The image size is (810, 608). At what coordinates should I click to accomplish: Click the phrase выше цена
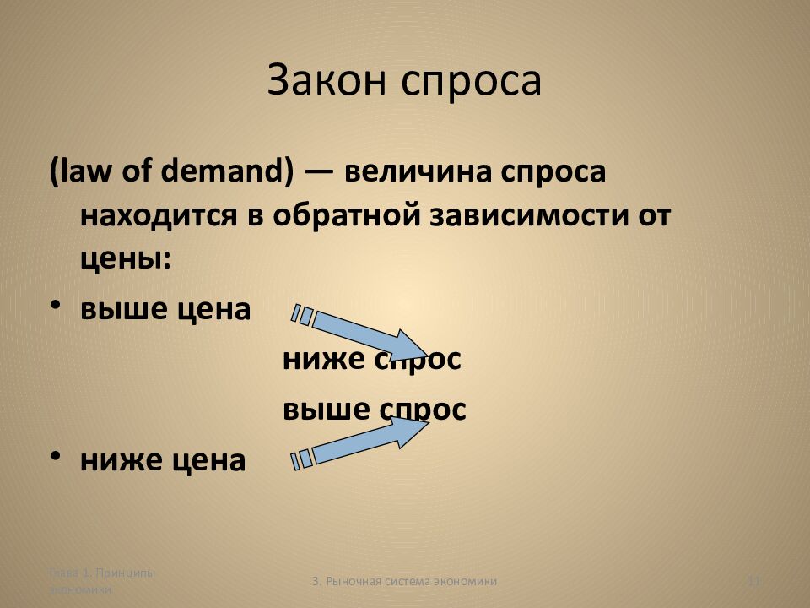165,309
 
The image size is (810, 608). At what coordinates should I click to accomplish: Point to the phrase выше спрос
374,410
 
